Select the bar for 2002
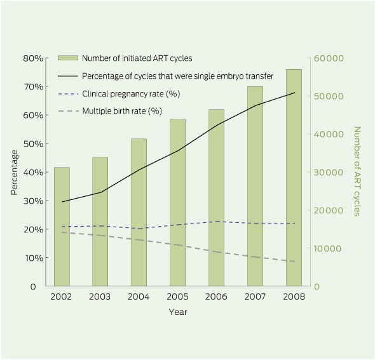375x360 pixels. pos(62,227)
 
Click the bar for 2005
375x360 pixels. pos(178,203)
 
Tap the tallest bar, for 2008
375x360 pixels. pos(294,178)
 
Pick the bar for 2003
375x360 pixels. pos(100,222)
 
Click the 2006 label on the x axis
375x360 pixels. pos(216,297)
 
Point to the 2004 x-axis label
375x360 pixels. pos(139,297)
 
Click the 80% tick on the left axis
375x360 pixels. pos(33,58)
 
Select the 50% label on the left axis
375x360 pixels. pos(34,143)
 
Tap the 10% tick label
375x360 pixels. pos(34,258)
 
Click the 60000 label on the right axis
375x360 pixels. pos(329,58)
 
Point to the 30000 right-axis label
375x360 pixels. pos(329,173)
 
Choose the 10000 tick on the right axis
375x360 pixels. pos(329,249)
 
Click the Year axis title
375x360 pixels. pos(178,312)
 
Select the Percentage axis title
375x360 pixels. pos(15,173)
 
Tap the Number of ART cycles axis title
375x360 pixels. pos(357,171)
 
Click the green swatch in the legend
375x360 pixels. pos(68,58)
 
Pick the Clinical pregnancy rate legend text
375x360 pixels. pos(131,94)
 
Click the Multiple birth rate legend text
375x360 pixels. pos(122,111)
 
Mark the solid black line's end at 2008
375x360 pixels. pos(295,93)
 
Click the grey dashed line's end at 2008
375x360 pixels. pos(295,262)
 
